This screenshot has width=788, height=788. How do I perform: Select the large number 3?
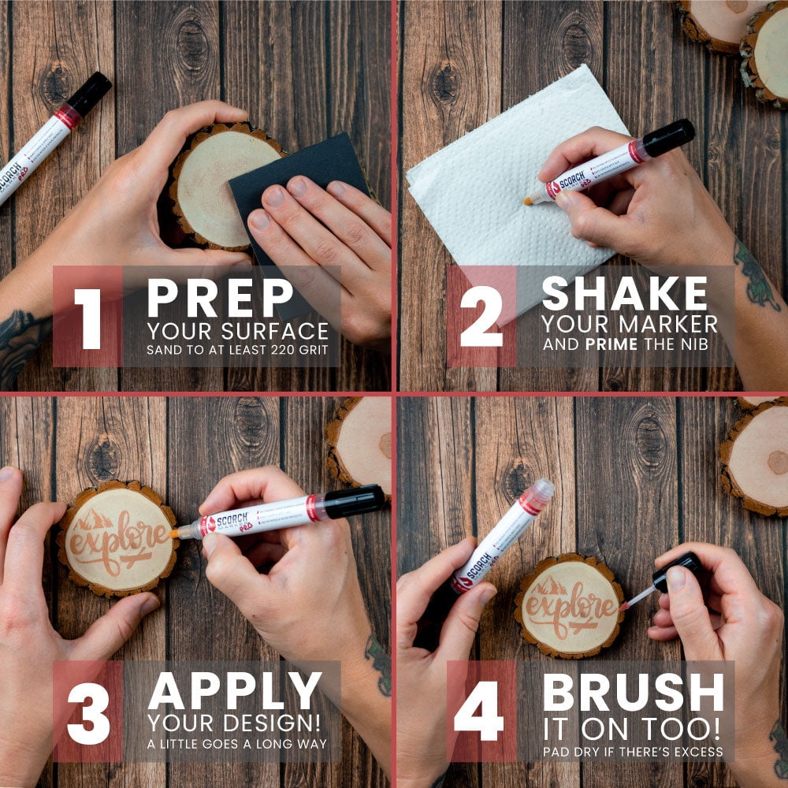pos(87,713)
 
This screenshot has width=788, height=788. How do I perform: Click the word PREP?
pos(220,299)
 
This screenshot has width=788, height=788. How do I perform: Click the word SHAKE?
pos(625,295)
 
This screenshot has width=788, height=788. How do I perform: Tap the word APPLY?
pos(235,691)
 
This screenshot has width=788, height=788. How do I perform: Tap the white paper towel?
pos(489,173)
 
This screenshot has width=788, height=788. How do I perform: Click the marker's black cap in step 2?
pos(668,137)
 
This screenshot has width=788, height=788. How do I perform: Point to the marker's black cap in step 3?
pos(354,501)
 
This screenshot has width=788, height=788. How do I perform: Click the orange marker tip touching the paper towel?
pos(526,201)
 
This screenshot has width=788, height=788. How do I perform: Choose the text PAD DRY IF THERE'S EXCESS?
pos(632,751)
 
